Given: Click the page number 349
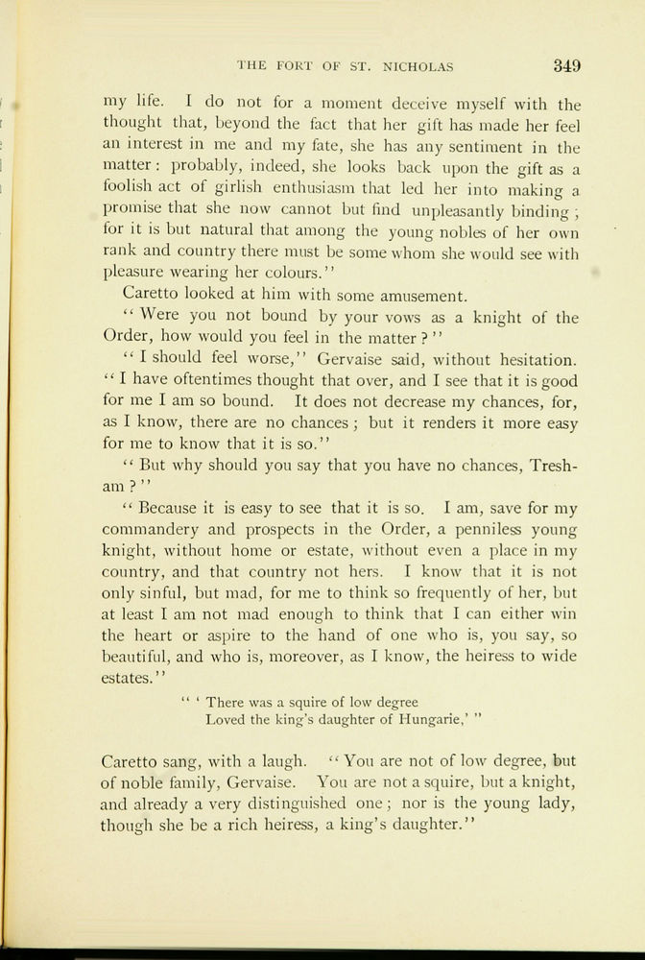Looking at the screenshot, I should point(566,66).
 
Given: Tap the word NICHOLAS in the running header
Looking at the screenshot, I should point(415,67).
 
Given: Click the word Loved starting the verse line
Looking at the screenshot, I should point(226,717).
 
